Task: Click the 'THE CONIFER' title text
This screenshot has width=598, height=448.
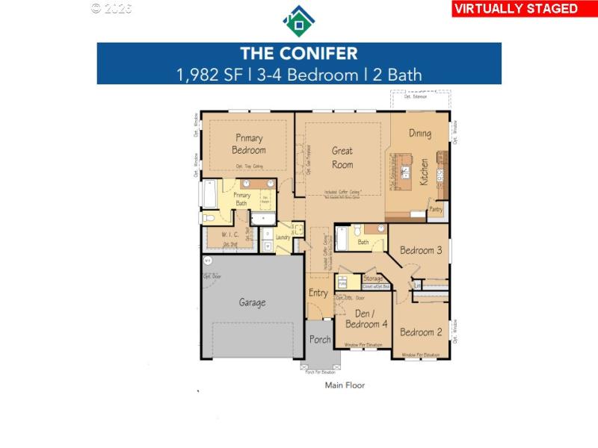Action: (x=298, y=54)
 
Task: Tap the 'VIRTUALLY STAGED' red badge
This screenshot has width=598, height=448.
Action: (x=516, y=9)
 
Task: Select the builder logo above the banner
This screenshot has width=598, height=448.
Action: (x=298, y=21)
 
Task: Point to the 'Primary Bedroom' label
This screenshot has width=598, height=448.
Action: (x=249, y=143)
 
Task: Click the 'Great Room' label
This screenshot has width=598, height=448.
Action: (x=342, y=158)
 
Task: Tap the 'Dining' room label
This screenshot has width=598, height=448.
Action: (x=420, y=134)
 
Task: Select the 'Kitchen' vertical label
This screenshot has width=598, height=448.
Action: (x=424, y=172)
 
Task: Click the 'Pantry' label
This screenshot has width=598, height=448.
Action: (x=436, y=211)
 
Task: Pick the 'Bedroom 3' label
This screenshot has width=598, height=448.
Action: (x=421, y=251)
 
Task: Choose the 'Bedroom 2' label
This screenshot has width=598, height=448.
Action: (x=421, y=332)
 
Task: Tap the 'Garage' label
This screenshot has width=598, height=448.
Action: (x=252, y=302)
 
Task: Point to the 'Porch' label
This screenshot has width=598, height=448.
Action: (x=320, y=340)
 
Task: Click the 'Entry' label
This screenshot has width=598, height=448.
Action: (x=318, y=293)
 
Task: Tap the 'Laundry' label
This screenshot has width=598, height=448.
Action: (x=283, y=237)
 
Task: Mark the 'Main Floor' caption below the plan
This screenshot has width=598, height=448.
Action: (x=345, y=385)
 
